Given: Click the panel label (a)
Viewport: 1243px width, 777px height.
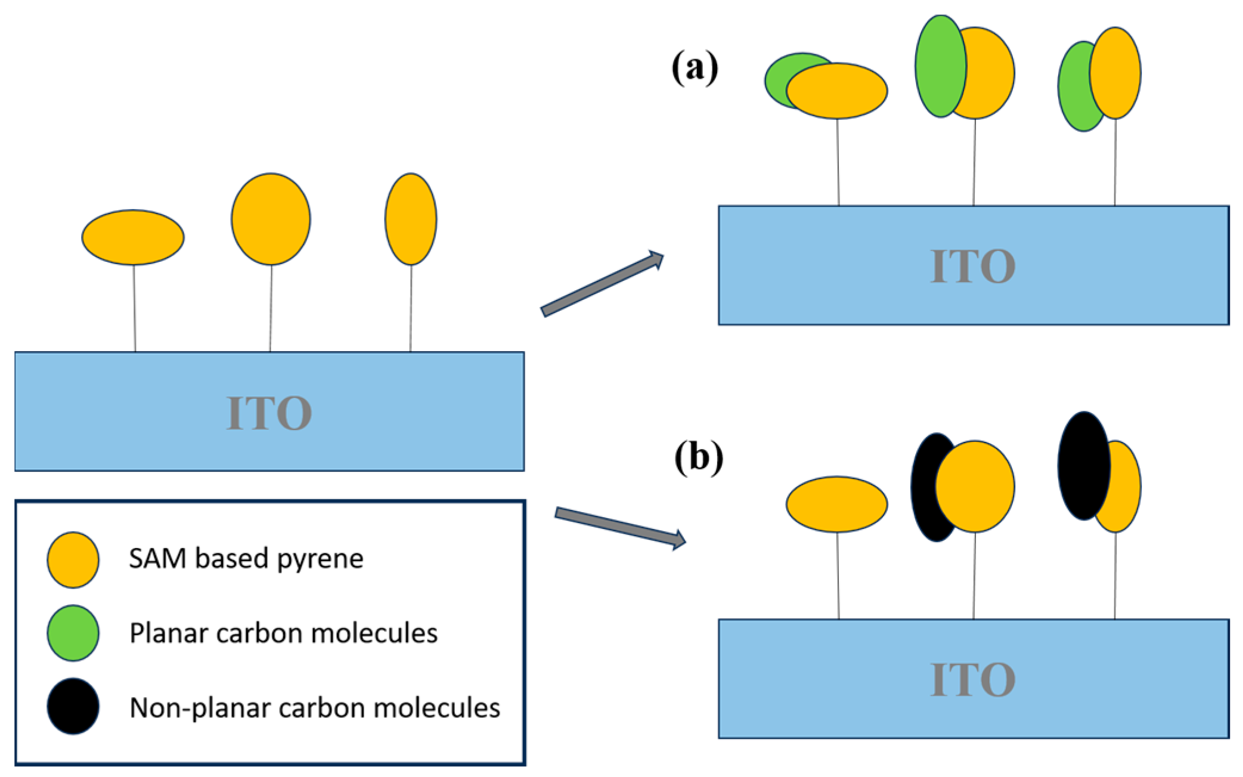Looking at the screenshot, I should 695,67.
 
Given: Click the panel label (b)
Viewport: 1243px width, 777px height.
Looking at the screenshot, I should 698,457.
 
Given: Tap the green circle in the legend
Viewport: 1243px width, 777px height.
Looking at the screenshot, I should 73,633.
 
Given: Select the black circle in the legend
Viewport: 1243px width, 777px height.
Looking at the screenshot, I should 73,707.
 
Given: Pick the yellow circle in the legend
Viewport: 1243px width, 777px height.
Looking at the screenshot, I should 73,560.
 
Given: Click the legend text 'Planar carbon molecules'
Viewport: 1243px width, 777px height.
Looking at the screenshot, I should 283,633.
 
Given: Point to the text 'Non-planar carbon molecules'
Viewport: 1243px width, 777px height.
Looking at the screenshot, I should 315,708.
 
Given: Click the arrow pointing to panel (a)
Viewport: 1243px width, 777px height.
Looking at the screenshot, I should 602,284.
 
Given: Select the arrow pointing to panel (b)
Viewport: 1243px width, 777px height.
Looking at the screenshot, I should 620,527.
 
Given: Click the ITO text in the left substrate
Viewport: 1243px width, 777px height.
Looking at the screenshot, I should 269,413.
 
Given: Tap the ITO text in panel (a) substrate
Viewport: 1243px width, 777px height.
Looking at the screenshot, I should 973,266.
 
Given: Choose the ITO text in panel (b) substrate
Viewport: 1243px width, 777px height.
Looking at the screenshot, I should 973,679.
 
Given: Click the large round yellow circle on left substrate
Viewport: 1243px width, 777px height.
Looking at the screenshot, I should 271,219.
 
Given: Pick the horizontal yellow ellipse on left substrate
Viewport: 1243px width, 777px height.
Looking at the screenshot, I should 133,237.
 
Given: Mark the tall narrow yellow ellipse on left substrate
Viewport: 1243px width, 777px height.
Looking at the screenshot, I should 411,219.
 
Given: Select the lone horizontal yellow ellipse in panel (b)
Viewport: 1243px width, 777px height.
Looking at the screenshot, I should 836,504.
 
